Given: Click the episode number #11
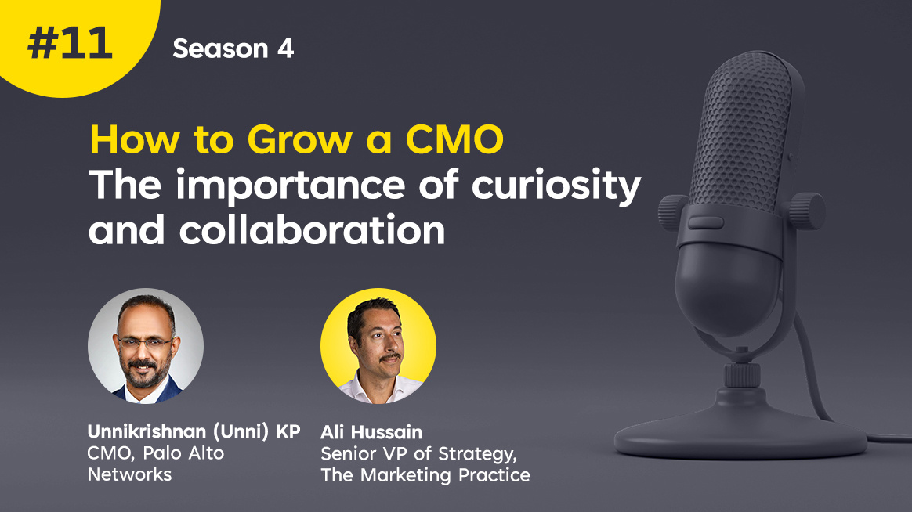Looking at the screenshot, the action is click(70, 44).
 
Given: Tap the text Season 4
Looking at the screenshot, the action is click(233, 49).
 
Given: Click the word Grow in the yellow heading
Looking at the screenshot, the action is click(299, 140).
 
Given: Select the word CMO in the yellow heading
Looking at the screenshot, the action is click(454, 139).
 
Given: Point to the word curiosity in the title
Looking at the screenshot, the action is click(556, 186).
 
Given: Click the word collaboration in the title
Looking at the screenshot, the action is click(312, 230).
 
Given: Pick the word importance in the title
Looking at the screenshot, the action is click(290, 186).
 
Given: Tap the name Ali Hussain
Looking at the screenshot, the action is click(371, 432).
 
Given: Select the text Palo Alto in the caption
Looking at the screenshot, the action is click(184, 453).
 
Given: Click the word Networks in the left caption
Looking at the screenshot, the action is click(129, 474).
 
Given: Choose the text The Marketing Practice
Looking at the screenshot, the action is click(425, 474).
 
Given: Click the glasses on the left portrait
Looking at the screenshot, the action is click(146, 342).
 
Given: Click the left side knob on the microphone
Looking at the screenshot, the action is click(672, 212).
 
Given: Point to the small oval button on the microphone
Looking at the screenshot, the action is click(705, 222).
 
